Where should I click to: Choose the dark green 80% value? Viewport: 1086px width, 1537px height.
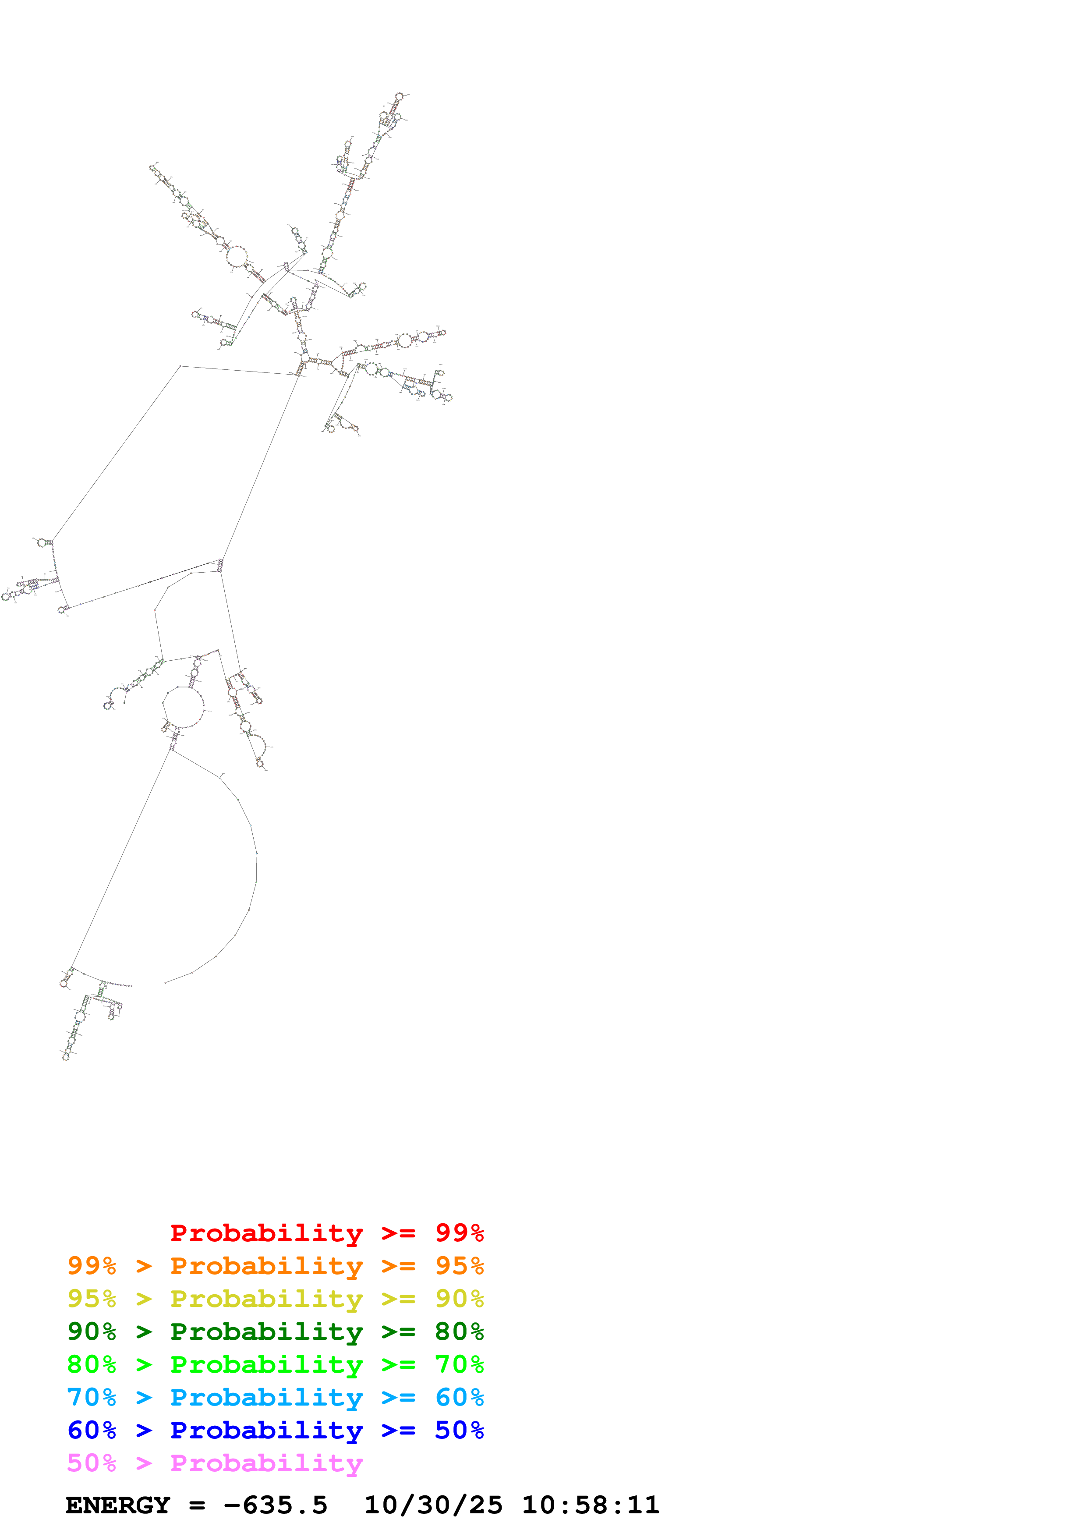click(x=459, y=1332)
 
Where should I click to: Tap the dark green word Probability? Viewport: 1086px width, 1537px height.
click(x=266, y=1332)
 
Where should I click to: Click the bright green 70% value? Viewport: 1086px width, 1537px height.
click(x=459, y=1364)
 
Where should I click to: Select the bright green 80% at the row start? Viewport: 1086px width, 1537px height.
click(x=92, y=1364)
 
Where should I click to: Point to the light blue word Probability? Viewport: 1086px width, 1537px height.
click(x=266, y=1397)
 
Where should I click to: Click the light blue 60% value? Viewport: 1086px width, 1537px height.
click(x=459, y=1397)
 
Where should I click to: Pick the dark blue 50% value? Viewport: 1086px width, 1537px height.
click(x=459, y=1430)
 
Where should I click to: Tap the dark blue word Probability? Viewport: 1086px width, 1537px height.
click(x=266, y=1430)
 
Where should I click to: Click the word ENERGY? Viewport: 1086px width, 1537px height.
click(x=118, y=1505)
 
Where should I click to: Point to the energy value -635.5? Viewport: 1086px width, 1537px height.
click(x=275, y=1505)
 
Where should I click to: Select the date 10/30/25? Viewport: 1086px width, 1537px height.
click(x=433, y=1505)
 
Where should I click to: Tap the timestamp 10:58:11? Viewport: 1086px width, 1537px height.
click(x=590, y=1505)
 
